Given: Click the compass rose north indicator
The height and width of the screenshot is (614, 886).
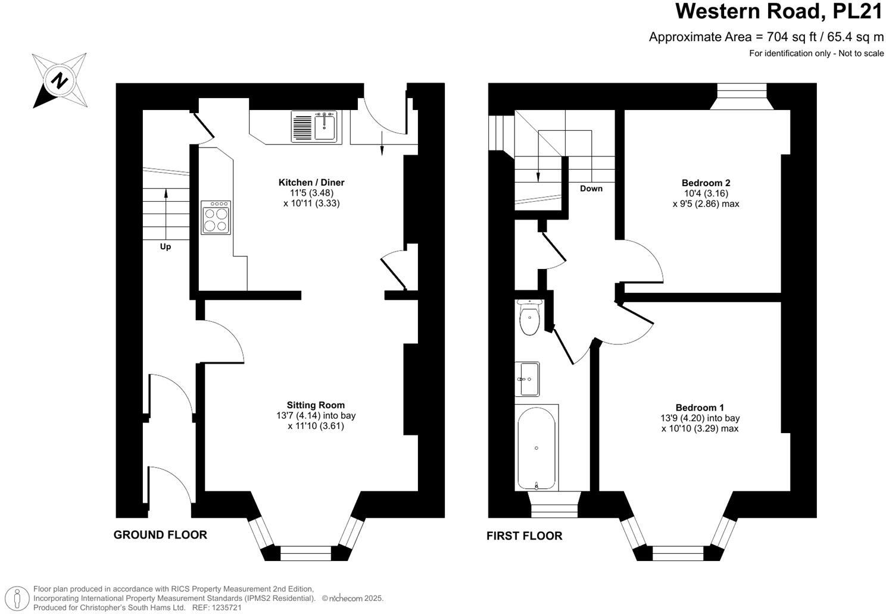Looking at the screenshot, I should (x=60, y=80).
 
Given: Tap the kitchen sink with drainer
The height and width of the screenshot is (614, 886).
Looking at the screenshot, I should (x=314, y=127).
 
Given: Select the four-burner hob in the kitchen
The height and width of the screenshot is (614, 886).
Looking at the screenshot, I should (x=216, y=218).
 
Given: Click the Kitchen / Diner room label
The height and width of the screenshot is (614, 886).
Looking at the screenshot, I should (x=311, y=183).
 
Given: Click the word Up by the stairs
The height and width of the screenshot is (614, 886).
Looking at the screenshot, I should (x=165, y=246).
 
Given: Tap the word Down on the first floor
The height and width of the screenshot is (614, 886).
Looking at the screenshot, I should (x=591, y=189).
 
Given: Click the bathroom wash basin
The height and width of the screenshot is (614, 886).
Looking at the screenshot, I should (x=527, y=378).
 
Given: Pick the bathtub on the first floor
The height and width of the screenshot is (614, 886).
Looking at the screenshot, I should (x=536, y=447).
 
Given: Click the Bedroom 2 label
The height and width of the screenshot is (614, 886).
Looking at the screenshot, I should (x=706, y=183).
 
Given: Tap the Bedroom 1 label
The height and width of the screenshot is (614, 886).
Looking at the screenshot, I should (x=700, y=408).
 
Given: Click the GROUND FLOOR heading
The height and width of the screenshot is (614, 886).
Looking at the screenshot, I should (x=160, y=535).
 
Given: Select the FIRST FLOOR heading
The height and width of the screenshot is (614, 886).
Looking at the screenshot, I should (x=524, y=536).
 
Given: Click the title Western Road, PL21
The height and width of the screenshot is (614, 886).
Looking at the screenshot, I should (x=779, y=11).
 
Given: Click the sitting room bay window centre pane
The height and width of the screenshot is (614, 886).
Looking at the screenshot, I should (x=305, y=553).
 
